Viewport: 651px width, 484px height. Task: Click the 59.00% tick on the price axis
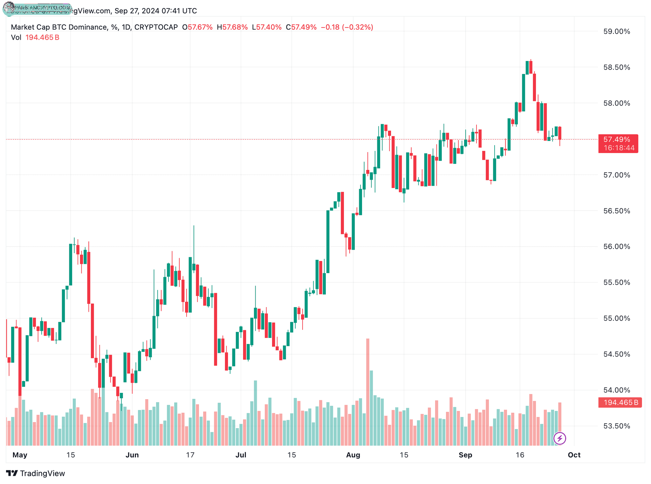pos(616,31)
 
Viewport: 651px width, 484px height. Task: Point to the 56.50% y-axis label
pos(616,211)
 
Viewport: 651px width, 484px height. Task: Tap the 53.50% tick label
pos(616,426)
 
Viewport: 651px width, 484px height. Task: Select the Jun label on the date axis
pos(132,455)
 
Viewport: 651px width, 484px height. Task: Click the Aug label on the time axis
pos(353,455)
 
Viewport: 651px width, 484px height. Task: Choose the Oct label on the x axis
pos(574,455)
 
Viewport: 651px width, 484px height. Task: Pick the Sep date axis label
pos(465,455)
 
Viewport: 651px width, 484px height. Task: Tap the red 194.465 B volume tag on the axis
pos(620,402)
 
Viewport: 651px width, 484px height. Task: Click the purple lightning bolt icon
pos(559,439)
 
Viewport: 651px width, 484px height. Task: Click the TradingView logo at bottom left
pos(36,473)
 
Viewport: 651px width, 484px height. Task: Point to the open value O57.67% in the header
pos(197,27)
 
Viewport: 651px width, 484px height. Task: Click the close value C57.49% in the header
pos(301,27)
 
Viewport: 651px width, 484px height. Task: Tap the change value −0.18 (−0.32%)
pos(347,27)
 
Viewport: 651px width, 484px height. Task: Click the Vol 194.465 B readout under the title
pos(35,37)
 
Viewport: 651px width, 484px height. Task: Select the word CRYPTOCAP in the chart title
pos(156,27)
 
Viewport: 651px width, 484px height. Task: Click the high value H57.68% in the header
pos(232,27)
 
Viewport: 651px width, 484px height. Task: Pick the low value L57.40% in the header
pos(267,27)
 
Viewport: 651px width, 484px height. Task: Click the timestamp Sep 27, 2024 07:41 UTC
pos(155,11)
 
